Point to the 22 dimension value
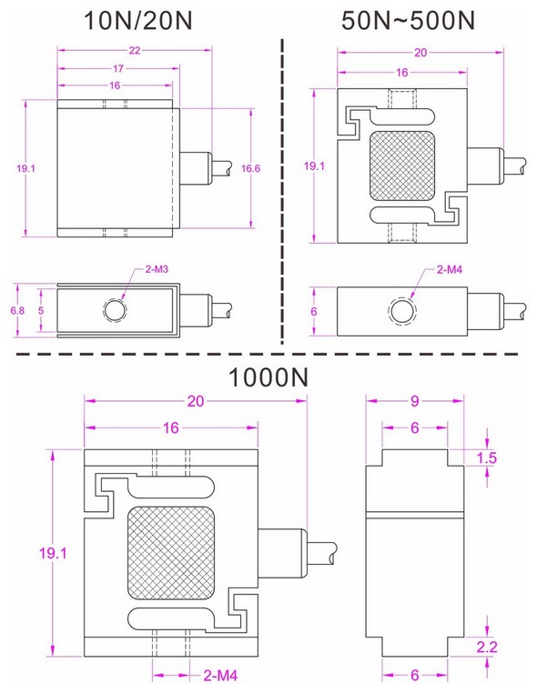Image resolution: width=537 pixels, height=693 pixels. tap(134, 51)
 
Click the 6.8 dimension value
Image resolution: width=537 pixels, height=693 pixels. tap(15, 310)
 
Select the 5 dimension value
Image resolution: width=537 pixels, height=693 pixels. tap(40, 310)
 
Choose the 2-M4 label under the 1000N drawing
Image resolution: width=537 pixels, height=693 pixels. tap(220, 675)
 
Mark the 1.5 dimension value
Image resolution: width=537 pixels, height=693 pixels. tap(488, 458)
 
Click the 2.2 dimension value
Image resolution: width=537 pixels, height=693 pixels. tap(488, 647)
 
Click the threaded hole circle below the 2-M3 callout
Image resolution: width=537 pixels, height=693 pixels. tap(116, 310)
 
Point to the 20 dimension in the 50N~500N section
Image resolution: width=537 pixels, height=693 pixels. tap(420, 53)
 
